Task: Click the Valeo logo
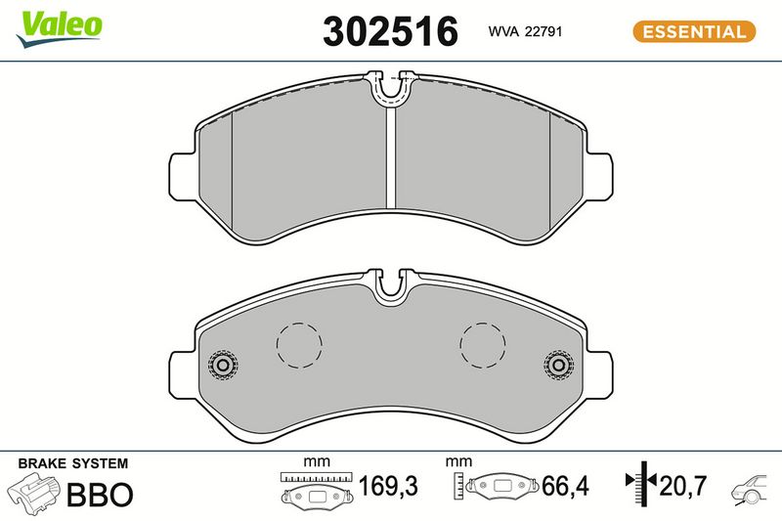(59, 28)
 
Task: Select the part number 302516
(390, 31)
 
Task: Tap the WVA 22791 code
(525, 31)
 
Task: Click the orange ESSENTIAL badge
(694, 31)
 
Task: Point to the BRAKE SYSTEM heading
(72, 463)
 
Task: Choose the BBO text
(100, 495)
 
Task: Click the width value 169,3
(388, 486)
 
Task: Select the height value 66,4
(565, 486)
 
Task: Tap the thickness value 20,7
(682, 486)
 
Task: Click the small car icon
(749, 490)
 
